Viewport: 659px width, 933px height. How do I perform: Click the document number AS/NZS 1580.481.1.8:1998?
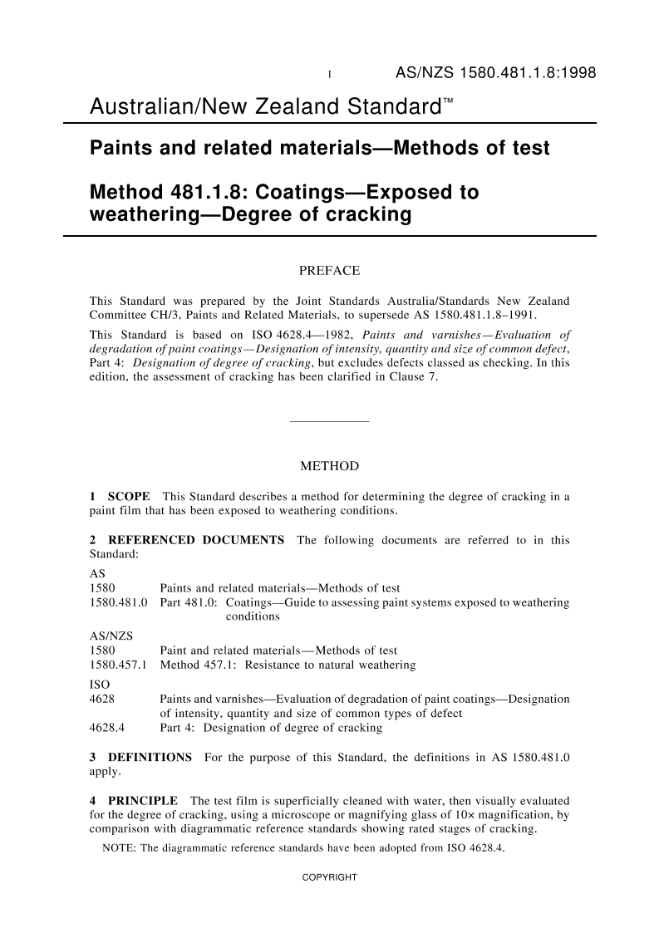[x=495, y=73]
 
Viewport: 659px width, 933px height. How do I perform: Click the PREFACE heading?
[x=329, y=271]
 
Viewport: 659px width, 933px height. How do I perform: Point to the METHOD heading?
[x=329, y=466]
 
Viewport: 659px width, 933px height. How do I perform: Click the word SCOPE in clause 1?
[x=129, y=497]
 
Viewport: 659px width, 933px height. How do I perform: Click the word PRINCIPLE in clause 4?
[x=143, y=801]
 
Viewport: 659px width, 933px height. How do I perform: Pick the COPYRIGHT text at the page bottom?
[x=329, y=877]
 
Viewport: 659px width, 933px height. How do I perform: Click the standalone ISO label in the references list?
[x=98, y=684]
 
